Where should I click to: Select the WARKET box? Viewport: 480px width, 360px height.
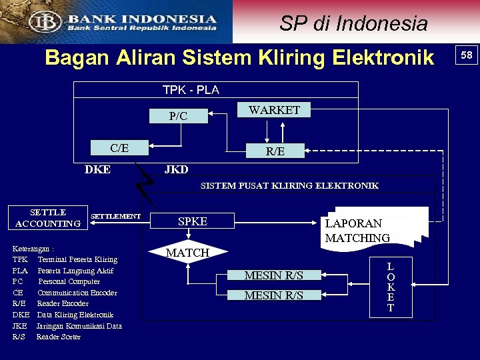[274, 110]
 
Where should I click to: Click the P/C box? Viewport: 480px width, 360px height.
[179, 116]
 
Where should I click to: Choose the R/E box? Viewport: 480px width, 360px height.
[275, 151]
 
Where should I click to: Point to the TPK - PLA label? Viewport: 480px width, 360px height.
[191, 89]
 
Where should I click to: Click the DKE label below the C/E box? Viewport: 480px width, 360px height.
[98, 169]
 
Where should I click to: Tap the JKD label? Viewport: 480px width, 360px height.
[176, 169]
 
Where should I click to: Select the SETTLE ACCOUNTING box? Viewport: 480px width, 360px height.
[48, 218]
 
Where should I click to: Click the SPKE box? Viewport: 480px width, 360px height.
[193, 221]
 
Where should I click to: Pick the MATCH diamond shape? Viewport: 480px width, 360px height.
[187, 253]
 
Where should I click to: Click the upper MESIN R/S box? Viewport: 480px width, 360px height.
[273, 275]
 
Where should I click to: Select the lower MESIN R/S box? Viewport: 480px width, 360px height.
[273, 295]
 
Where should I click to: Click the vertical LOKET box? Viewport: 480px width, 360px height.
[391, 287]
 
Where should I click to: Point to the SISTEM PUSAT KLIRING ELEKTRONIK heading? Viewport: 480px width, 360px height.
[289, 185]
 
